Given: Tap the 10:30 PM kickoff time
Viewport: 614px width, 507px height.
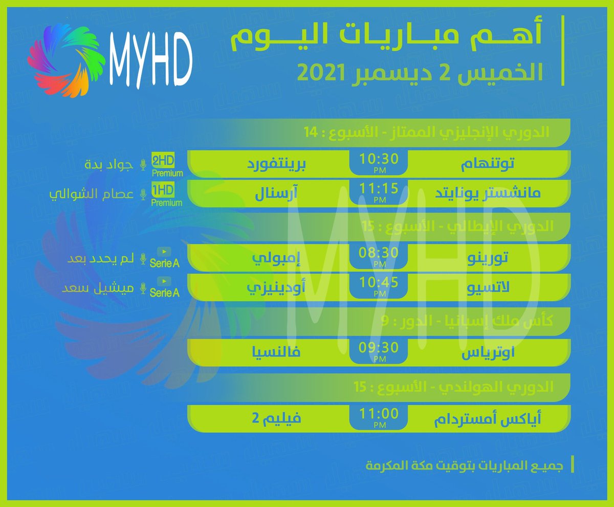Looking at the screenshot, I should pos(379,161).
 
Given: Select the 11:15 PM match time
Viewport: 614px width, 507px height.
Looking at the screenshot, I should pos(379,191).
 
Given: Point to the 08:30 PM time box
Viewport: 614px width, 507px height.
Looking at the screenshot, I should pos(379,256).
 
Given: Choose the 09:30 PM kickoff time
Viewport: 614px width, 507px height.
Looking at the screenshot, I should pos(379,351).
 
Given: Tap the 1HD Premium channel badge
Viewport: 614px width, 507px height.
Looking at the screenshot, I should pos(167,195).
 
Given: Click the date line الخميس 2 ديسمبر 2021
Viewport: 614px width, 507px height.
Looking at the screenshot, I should pos(420,73).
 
